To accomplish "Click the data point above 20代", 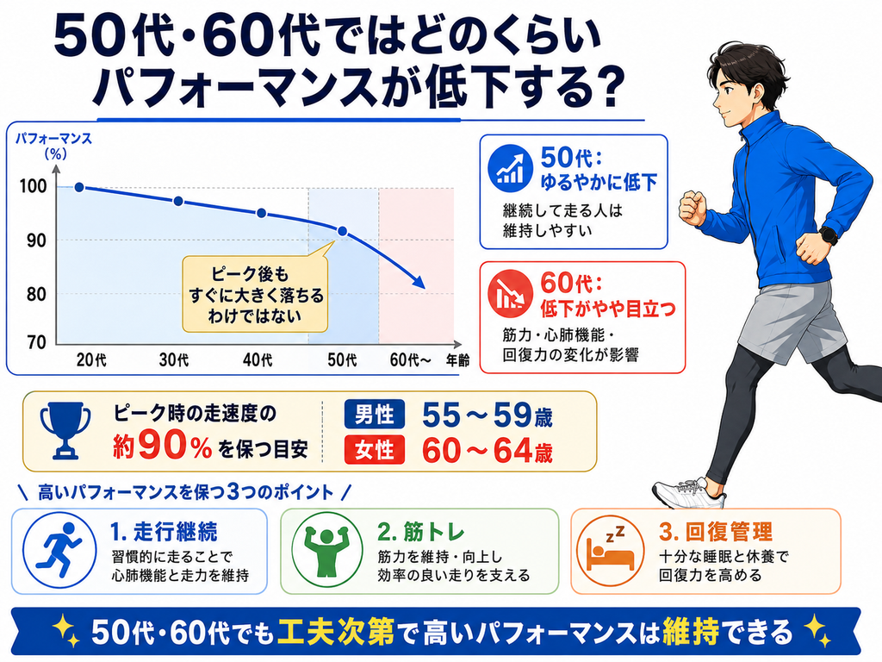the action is pyautogui.click(x=79, y=187).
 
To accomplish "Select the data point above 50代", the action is pyautogui.click(x=342, y=231).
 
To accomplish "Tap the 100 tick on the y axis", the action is pyautogui.click(x=34, y=186).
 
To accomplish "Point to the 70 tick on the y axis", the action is pyautogui.click(x=37, y=341).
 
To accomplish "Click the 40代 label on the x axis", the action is pyautogui.click(x=258, y=359).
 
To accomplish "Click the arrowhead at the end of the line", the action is pyautogui.click(x=419, y=282).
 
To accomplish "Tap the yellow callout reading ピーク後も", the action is pyautogui.click(x=255, y=294).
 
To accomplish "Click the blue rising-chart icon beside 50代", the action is pyautogui.click(x=510, y=168).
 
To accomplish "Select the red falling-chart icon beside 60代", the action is pyautogui.click(x=510, y=293).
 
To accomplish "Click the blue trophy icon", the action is pyautogui.click(x=65, y=430).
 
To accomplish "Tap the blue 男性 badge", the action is pyautogui.click(x=374, y=415).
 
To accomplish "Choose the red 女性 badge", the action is pyautogui.click(x=374, y=450).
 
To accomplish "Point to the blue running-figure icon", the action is pyautogui.click(x=59, y=551).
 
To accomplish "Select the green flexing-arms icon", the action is pyautogui.click(x=326, y=551).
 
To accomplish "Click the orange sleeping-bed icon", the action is pyautogui.click(x=611, y=551).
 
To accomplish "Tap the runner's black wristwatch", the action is pyautogui.click(x=829, y=234).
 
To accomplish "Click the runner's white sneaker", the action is pyautogui.click(x=690, y=493).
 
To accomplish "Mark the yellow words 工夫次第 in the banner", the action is pyautogui.click(x=336, y=632).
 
